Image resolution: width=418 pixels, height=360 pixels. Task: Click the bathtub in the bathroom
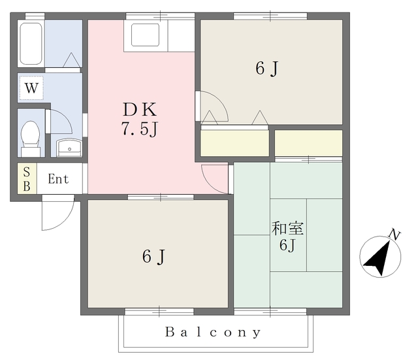[x=31, y=44]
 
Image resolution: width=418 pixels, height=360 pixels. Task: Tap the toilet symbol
[x=31, y=139]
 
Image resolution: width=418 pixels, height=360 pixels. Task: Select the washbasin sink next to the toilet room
[x=70, y=148]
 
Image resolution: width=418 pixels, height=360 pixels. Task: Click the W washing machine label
[x=31, y=88]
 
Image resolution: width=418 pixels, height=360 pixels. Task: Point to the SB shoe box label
[x=27, y=179]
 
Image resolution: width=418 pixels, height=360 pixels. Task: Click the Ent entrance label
[x=58, y=179]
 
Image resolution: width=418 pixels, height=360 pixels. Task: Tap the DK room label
[x=140, y=110]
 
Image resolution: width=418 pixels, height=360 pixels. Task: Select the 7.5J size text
[x=140, y=129]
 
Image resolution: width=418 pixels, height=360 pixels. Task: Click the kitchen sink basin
[x=146, y=35]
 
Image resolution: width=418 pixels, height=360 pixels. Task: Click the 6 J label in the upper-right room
[x=267, y=69]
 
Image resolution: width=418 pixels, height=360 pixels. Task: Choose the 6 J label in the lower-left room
[x=154, y=257]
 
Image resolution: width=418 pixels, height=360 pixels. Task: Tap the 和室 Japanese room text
[x=287, y=228]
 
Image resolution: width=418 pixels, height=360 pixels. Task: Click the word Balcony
[x=213, y=333]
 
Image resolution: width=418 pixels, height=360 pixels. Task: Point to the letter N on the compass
[x=394, y=235]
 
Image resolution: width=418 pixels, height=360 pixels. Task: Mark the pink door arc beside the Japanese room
[x=209, y=184]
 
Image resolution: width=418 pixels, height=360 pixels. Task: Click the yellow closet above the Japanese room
[x=308, y=143]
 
